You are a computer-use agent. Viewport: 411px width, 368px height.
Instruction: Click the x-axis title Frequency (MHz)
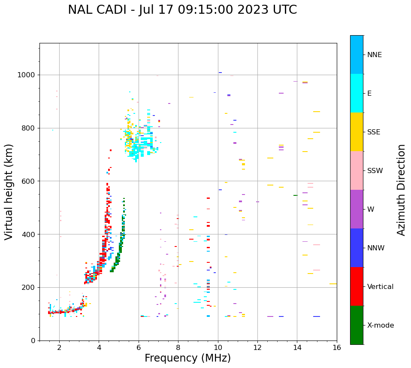(x=187, y=358)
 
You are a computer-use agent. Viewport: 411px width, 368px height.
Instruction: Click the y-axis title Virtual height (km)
(x=9, y=192)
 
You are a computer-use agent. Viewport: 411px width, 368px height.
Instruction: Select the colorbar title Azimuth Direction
(x=401, y=190)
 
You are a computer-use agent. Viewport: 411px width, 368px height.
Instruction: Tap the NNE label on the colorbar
(x=374, y=55)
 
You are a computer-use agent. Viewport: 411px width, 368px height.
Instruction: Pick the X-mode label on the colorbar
(x=381, y=325)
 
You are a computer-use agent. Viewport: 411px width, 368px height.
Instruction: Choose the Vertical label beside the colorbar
(x=380, y=287)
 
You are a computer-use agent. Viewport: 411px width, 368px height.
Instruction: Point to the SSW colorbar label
(x=375, y=171)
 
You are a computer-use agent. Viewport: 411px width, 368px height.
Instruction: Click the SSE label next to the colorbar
(x=374, y=132)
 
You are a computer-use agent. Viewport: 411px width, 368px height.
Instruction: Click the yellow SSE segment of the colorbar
(x=357, y=132)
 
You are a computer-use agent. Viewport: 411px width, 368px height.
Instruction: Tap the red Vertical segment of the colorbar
(x=357, y=286)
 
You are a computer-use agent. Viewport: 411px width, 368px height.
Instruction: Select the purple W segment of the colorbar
(x=357, y=209)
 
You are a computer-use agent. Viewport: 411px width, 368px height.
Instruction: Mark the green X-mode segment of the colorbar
(x=357, y=325)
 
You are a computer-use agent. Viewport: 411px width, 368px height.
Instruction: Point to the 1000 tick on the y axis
(x=27, y=75)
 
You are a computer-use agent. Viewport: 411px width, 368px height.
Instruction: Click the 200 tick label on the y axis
(x=29, y=287)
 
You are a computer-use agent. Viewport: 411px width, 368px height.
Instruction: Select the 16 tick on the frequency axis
(x=337, y=347)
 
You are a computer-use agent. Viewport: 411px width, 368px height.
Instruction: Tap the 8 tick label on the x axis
(x=178, y=347)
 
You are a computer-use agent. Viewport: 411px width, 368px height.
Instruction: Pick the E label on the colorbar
(x=369, y=94)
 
